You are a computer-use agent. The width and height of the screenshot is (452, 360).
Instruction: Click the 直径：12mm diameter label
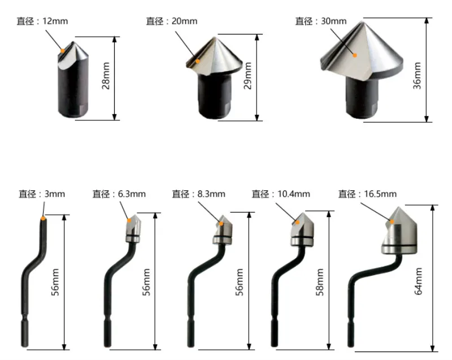click(42, 21)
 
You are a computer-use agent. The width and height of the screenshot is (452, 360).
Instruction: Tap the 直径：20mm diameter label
click(172, 21)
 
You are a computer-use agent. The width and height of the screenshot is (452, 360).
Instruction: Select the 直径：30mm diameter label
click(321, 21)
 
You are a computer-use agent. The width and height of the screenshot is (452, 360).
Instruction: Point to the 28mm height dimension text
click(106, 76)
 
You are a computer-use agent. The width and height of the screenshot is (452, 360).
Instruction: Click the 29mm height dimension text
click(248, 76)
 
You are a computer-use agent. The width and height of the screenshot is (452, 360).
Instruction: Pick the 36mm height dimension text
click(417, 76)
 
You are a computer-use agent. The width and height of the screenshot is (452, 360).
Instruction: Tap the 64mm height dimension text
click(418, 281)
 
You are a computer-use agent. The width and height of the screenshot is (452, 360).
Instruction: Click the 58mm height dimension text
click(320, 282)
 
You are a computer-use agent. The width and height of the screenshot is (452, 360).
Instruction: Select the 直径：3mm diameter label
click(42, 194)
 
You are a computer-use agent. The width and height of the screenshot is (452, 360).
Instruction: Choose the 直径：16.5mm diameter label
click(368, 194)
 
